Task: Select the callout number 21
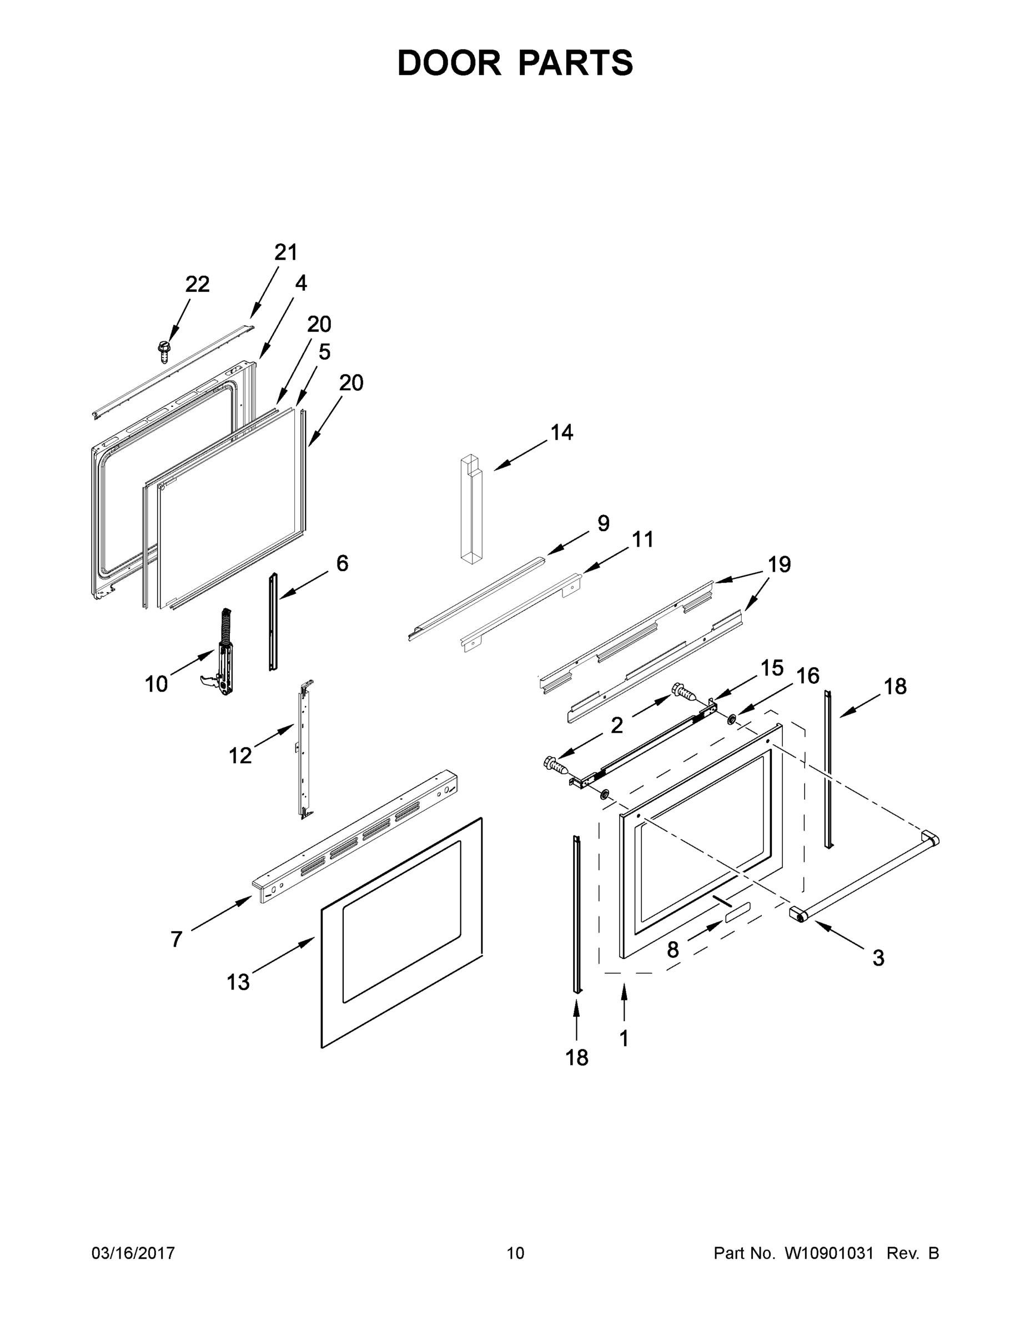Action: (285, 253)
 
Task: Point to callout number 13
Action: (238, 982)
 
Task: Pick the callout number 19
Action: (779, 565)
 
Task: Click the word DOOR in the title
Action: (449, 63)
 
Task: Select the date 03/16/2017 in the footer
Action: (133, 1253)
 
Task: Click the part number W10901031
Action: (828, 1253)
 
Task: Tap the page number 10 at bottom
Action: (515, 1253)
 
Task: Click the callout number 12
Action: (240, 756)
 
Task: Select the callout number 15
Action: (772, 668)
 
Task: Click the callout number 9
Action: (603, 523)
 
